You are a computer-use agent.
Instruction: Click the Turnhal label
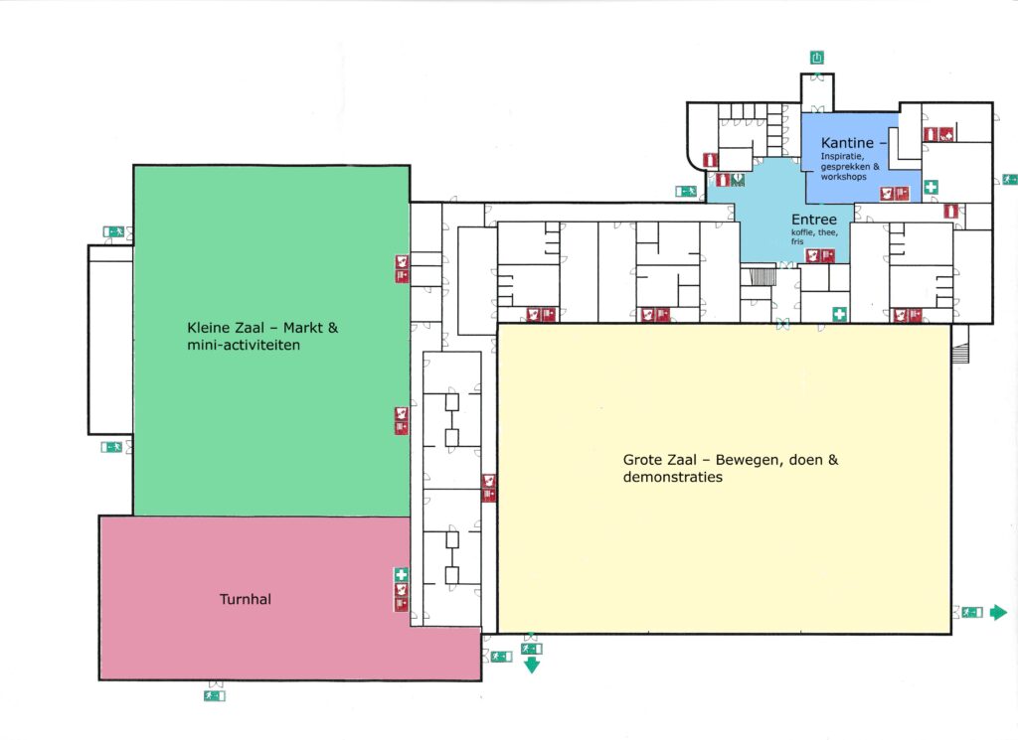(x=246, y=599)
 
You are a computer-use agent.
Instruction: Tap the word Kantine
(x=847, y=143)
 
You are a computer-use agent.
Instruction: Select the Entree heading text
(x=814, y=220)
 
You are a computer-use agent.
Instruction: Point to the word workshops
(x=843, y=177)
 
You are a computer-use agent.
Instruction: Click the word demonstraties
(x=673, y=477)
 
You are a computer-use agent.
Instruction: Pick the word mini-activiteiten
(x=244, y=345)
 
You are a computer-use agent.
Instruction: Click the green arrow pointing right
(x=998, y=612)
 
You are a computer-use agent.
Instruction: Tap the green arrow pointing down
(x=532, y=665)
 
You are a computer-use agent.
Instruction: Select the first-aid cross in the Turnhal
(x=402, y=575)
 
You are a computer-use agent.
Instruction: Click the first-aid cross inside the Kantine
(x=931, y=187)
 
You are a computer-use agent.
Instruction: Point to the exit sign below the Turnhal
(x=215, y=696)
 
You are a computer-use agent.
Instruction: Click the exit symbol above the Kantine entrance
(x=817, y=58)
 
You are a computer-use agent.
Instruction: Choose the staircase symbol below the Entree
(x=763, y=276)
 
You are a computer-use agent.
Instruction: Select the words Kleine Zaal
(x=226, y=328)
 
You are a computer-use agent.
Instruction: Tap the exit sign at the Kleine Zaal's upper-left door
(x=113, y=231)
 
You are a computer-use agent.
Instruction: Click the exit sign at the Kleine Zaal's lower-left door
(x=111, y=447)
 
